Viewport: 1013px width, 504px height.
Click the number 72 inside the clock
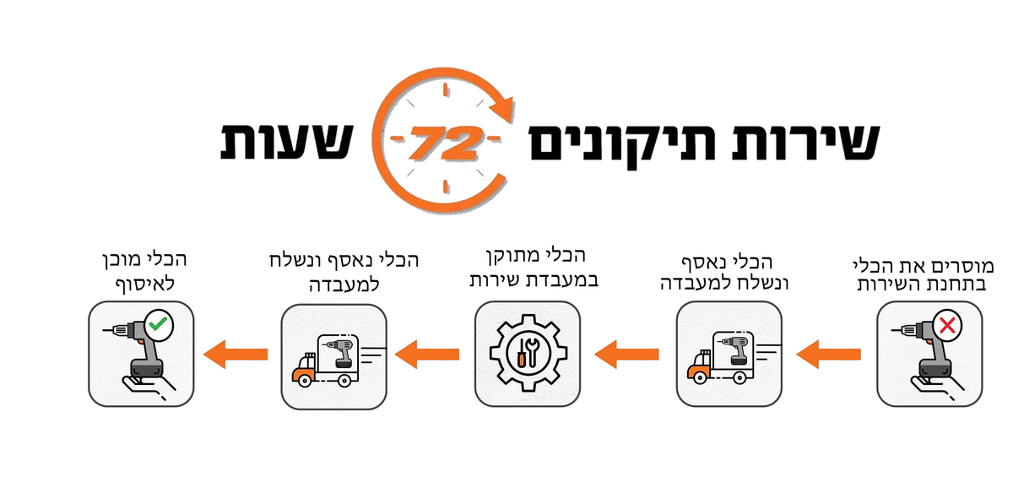(445, 143)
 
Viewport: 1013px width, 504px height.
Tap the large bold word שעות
(286, 141)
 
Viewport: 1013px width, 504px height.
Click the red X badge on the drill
(947, 325)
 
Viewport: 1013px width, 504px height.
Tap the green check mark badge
(159, 324)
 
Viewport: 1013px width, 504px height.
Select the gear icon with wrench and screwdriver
(528, 354)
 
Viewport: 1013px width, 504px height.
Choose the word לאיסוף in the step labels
(145, 285)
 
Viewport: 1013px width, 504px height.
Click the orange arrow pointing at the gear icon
(626, 355)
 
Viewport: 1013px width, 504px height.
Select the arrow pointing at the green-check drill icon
(236, 355)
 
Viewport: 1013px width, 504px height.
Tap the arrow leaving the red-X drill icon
(828, 355)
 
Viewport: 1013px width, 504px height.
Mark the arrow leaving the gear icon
(427, 355)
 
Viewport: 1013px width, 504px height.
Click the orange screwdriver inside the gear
(522, 353)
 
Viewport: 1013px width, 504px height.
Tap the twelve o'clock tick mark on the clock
(446, 89)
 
